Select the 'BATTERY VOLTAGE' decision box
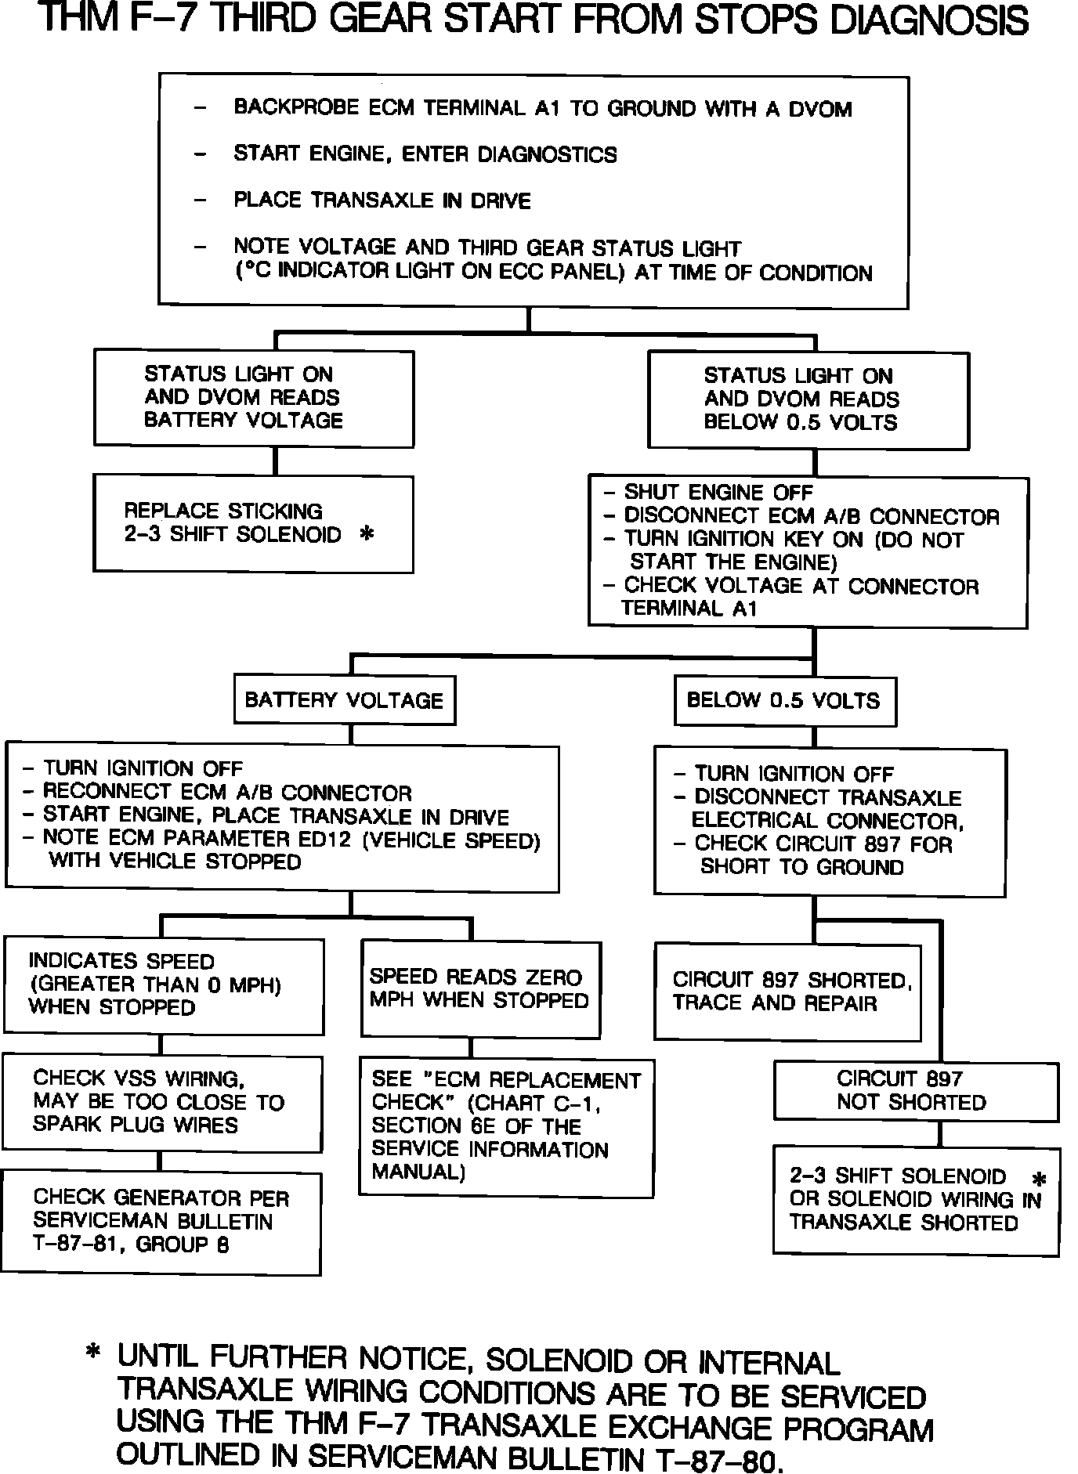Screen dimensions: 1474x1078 pos(345,699)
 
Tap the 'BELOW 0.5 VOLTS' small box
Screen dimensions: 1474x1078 pos(784,700)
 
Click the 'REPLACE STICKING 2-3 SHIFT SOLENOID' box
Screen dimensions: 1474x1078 pos(253,523)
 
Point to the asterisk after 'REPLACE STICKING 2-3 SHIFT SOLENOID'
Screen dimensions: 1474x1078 pos(365,534)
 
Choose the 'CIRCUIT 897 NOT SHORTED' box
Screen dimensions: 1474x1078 pos(916,1090)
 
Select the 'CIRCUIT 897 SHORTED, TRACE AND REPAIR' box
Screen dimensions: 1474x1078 pos(787,992)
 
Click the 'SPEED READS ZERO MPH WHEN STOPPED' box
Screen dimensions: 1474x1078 pos(480,989)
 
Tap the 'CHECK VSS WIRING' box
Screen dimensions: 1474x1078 pos(162,1103)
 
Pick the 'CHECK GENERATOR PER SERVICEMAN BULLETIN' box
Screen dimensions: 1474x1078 pos(161,1222)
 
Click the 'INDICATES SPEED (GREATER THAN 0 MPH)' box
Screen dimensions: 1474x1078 pos(163,984)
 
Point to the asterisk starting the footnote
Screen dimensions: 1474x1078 pos(93,1353)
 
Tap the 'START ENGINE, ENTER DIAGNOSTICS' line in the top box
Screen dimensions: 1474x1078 pos(425,154)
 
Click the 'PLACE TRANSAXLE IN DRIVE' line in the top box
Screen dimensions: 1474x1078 pos(382,201)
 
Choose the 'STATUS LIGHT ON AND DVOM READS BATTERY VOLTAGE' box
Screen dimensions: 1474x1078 pos(254,398)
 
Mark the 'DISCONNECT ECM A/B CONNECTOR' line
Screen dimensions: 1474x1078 pos(811,516)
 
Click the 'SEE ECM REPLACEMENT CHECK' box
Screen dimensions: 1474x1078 pos(506,1126)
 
